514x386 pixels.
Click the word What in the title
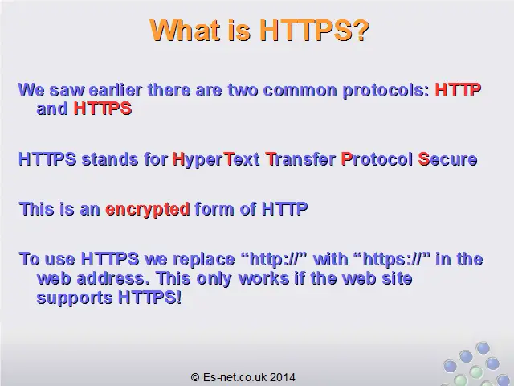[185, 31]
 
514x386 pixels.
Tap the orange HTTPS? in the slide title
[314, 31]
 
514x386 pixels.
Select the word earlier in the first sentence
[116, 90]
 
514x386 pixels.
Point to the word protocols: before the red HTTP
[385, 91]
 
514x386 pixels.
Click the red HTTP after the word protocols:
[458, 90]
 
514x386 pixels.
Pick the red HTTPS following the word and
[103, 109]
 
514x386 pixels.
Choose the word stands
[110, 159]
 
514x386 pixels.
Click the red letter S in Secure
[423, 159]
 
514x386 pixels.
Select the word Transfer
[300, 159]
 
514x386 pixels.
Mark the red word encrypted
[148, 210]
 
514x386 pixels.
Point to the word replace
[204, 260]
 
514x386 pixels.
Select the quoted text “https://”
[392, 259]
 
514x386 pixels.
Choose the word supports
[75, 298]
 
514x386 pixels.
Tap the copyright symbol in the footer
[195, 377]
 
